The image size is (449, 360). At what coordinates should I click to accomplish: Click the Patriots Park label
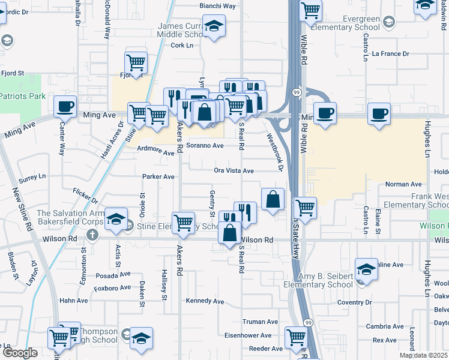(23, 96)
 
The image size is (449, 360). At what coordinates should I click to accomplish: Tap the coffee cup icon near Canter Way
(65, 107)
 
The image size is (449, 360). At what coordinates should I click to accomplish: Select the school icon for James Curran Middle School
(213, 26)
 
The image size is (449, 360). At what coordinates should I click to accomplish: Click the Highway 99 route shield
(297, 92)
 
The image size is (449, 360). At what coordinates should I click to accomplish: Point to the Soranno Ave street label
(205, 146)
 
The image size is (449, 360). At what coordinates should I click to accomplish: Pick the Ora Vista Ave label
(234, 171)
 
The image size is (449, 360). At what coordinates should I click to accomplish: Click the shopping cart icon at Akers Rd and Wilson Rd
(184, 223)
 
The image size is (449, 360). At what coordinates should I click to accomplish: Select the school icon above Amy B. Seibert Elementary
(367, 268)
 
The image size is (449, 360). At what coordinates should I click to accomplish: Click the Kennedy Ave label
(205, 301)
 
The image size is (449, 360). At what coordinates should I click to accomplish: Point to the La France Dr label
(390, 54)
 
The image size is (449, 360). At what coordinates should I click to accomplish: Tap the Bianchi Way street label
(217, 6)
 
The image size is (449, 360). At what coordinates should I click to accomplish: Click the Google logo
(19, 353)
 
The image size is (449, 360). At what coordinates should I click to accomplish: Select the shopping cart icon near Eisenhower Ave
(296, 337)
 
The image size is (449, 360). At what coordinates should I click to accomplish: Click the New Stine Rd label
(22, 210)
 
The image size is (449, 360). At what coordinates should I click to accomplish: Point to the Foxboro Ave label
(112, 287)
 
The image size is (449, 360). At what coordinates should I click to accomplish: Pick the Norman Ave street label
(404, 184)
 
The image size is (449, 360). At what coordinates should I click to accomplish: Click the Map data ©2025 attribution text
(423, 355)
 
